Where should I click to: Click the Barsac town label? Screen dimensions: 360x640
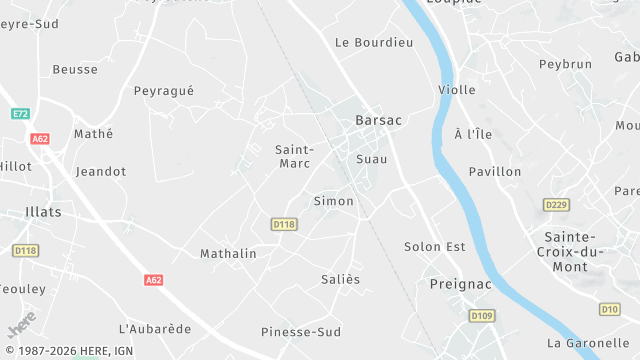pyautogui.click(x=378, y=120)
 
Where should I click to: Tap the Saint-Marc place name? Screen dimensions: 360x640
pyautogui.click(x=294, y=156)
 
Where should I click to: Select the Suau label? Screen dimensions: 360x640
pyautogui.click(x=371, y=159)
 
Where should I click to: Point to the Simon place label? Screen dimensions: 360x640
pyautogui.click(x=333, y=201)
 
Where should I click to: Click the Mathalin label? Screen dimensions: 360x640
pyautogui.click(x=228, y=254)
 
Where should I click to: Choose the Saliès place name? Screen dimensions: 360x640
pyautogui.click(x=340, y=279)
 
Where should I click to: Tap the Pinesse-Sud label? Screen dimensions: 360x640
pyautogui.click(x=301, y=332)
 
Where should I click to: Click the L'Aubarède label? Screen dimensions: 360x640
pyautogui.click(x=155, y=329)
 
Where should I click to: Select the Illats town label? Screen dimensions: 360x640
pyautogui.click(x=43, y=212)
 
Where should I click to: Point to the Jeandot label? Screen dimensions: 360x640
pyautogui.click(x=101, y=172)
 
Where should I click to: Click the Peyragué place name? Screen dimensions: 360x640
pyautogui.click(x=163, y=91)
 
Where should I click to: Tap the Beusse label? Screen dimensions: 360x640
pyautogui.click(x=75, y=70)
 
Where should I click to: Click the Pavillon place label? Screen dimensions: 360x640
pyautogui.click(x=495, y=172)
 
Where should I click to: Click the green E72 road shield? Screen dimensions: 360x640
pyautogui.click(x=20, y=114)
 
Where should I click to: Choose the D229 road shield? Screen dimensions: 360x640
pyautogui.click(x=556, y=205)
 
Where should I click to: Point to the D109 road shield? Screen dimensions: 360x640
pyautogui.click(x=482, y=317)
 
